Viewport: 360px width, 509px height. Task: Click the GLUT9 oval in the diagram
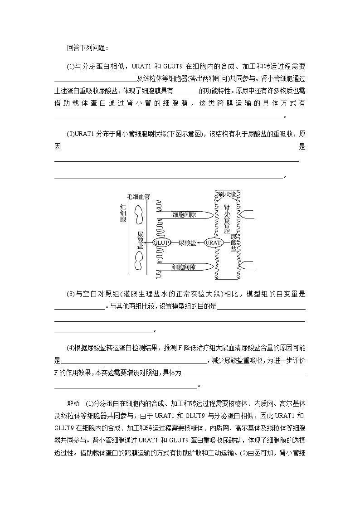pos(162,242)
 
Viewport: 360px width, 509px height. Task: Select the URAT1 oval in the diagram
pos(214,242)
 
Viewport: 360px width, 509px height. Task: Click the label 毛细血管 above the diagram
pos(138,197)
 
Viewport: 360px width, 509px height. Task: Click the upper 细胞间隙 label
pos(184,214)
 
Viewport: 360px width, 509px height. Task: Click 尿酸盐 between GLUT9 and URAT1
pos(187,243)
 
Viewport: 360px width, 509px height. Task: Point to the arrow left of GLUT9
pos(148,243)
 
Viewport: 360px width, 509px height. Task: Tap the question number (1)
pos(71,66)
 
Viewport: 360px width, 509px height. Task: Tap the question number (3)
pos(71,294)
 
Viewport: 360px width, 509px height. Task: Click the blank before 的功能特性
pos(186,91)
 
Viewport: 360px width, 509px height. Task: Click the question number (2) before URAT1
pos(71,134)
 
